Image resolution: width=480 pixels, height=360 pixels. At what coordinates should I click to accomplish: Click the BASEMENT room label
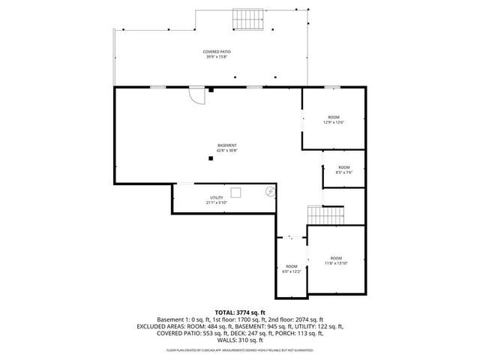coord(226,145)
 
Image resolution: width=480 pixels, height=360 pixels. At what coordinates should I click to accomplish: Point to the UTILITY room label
coord(216,197)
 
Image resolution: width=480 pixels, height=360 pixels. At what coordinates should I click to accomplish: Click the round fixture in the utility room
coord(270,192)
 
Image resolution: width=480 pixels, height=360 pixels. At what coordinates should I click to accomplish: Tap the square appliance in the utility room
coord(236,193)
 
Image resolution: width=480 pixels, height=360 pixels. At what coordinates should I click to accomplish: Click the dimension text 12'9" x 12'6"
coord(334,124)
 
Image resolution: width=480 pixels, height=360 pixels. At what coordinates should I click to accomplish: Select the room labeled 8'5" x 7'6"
coord(343,169)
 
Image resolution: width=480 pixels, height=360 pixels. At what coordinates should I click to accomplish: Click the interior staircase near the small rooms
coord(325,215)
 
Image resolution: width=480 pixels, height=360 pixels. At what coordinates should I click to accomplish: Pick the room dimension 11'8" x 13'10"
coord(336,262)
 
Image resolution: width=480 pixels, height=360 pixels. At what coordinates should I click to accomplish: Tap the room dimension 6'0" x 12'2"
coord(291,271)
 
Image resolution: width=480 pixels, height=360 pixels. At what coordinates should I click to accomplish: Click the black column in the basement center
coord(211,157)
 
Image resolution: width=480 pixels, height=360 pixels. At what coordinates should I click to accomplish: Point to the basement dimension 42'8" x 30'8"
coord(226,151)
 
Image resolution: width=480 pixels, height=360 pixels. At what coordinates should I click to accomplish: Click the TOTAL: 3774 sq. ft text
coord(240,312)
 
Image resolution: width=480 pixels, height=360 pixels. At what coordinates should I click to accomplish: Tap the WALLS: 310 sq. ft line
coord(240,341)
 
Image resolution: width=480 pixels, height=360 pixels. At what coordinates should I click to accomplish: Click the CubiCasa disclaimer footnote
coord(240,350)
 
